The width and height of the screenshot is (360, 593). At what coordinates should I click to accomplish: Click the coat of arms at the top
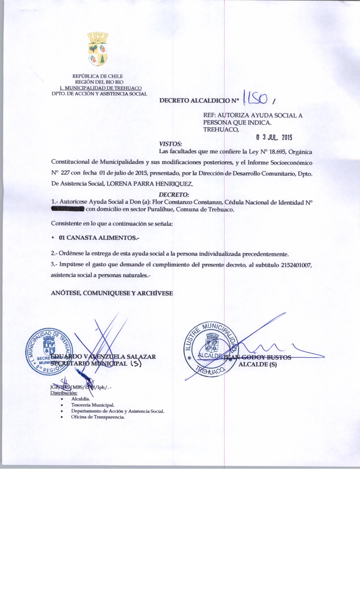pyautogui.click(x=98, y=49)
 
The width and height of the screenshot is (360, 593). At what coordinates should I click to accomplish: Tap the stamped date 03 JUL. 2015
pyautogui.click(x=274, y=138)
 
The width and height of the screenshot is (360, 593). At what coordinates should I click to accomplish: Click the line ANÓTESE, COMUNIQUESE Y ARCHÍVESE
pyautogui.click(x=112, y=293)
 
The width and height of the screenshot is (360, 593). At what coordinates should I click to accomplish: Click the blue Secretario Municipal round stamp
pyautogui.click(x=49, y=352)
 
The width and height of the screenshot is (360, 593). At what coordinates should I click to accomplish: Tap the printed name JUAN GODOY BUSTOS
pyautogui.click(x=258, y=357)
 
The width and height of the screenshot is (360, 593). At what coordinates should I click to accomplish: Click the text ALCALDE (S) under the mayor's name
pyautogui.click(x=258, y=365)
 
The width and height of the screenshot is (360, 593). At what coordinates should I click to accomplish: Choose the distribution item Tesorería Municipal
pyautogui.click(x=93, y=405)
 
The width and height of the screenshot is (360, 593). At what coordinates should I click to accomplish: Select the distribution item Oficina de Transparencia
pyautogui.click(x=98, y=417)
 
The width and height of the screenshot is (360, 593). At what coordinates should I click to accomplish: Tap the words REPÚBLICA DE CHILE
pyautogui.click(x=98, y=76)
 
